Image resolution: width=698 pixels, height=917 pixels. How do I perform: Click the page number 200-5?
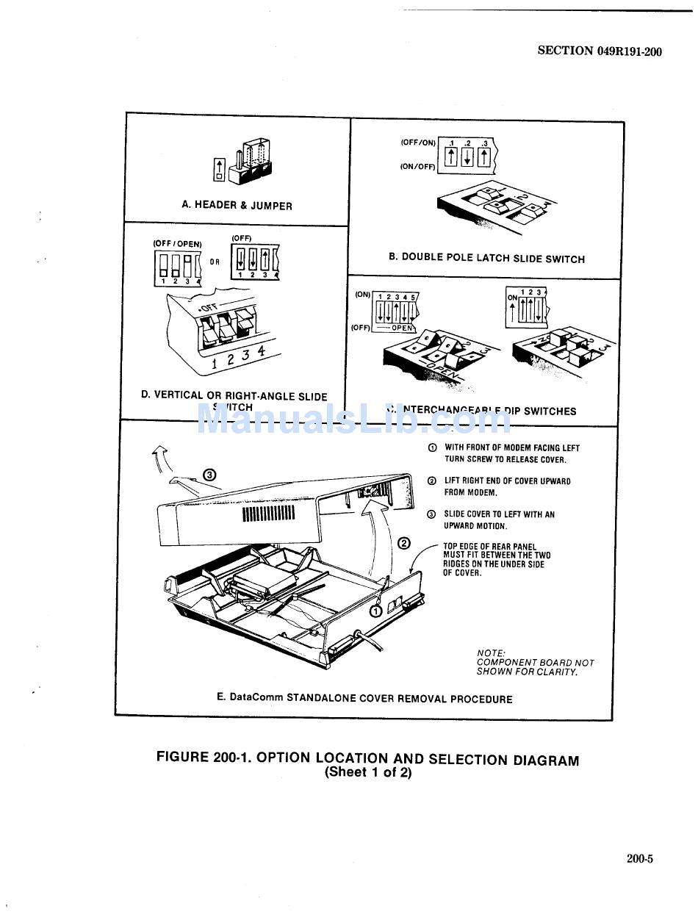[x=639, y=858]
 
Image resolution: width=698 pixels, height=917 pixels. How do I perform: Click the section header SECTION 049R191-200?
[x=600, y=51]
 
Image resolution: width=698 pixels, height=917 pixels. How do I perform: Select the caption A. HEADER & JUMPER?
[x=237, y=206]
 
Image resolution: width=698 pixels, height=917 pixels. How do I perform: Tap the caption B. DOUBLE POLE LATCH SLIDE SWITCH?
[x=486, y=258]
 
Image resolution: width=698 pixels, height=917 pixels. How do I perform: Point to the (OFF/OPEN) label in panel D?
[x=177, y=243]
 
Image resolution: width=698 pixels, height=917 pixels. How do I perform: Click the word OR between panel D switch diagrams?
[x=215, y=261]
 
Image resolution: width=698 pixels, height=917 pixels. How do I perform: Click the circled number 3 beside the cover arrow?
[x=209, y=475]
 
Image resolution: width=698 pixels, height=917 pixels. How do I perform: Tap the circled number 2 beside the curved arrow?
[x=404, y=544]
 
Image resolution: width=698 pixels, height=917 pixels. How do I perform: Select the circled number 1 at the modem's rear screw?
[x=376, y=610]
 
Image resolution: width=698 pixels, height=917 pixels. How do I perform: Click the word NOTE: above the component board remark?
[x=491, y=652]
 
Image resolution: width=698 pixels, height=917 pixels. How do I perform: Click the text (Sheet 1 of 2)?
[x=368, y=773]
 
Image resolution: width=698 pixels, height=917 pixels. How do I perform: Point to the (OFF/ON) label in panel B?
[x=417, y=143]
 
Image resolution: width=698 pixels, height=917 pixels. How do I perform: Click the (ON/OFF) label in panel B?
[x=417, y=167]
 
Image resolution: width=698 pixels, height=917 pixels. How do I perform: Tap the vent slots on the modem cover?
[x=268, y=513]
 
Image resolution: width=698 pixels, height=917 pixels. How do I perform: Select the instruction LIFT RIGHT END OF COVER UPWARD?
[x=507, y=481]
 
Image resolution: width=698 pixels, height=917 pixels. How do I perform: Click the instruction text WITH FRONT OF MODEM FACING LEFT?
[x=512, y=447]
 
